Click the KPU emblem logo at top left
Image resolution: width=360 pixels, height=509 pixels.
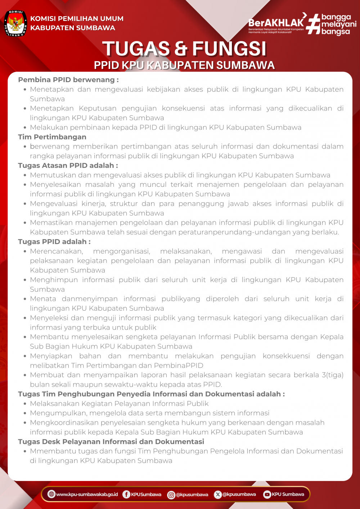click(x=15, y=23)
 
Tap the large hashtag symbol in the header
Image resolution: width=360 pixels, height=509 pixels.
click(x=312, y=24)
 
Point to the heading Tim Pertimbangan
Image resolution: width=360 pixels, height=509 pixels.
click(x=52, y=137)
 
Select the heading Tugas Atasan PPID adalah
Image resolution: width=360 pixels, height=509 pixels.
click(x=68, y=166)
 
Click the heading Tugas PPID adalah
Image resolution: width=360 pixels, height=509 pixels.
click(x=54, y=242)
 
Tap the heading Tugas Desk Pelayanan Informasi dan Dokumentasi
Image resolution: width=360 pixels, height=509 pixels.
click(x=111, y=441)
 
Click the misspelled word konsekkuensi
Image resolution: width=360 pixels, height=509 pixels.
click(x=286, y=356)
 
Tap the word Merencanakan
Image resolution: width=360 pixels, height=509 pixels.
click(x=57, y=251)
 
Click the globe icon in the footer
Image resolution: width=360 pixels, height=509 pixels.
click(x=51, y=494)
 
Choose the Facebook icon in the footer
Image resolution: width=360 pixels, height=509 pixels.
click(x=126, y=494)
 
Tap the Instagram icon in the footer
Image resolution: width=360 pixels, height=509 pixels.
click(x=171, y=495)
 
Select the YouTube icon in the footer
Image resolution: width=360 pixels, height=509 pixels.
click(x=267, y=494)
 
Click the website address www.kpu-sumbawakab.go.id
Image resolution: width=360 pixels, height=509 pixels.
click(x=87, y=494)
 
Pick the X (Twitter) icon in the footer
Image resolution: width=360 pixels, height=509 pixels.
click(x=218, y=494)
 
